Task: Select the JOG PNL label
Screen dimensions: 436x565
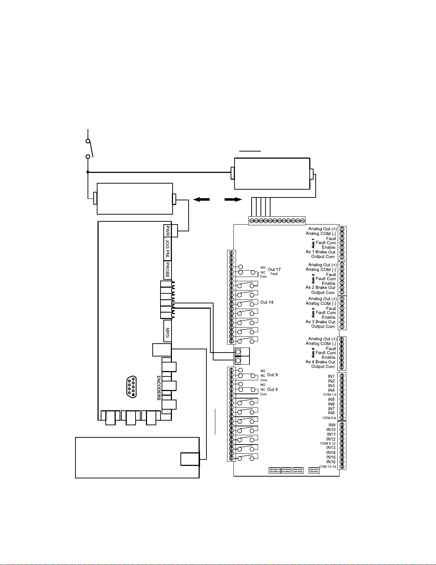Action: point(167,249)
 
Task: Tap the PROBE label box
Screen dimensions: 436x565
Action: point(167,270)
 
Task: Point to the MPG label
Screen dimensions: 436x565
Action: point(167,333)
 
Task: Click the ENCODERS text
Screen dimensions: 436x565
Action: point(159,388)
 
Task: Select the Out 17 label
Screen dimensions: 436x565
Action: point(274,269)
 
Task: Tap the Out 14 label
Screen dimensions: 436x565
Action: point(267,302)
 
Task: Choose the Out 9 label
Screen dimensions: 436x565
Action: point(272,375)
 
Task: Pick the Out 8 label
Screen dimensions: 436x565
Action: point(272,389)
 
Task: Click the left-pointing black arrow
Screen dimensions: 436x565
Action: point(201,200)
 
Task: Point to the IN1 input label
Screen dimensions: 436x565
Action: point(331,376)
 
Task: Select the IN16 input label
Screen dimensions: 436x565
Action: point(331,462)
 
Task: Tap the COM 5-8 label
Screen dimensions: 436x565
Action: point(329,418)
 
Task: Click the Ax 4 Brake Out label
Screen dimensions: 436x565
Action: point(320,362)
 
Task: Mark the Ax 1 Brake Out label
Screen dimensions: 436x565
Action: point(320,252)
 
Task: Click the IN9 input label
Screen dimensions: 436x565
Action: point(332,425)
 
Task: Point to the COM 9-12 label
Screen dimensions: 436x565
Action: point(328,443)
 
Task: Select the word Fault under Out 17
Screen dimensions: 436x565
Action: point(274,274)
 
